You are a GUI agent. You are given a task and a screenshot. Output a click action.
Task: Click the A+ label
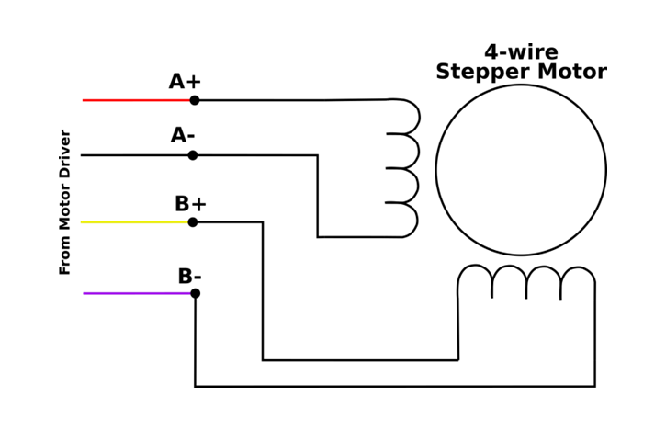[x=185, y=82]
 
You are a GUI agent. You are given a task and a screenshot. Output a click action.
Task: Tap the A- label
[x=183, y=136]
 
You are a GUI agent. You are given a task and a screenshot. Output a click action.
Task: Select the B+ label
[x=190, y=204]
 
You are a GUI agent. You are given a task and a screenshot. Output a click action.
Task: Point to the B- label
[x=189, y=276]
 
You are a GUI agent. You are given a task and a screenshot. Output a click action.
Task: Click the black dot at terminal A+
[x=194, y=100]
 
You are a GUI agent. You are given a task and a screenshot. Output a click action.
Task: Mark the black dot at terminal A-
[x=193, y=155]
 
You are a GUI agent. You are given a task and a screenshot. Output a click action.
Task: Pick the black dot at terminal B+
[x=193, y=222]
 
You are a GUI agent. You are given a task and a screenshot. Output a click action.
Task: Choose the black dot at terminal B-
[x=195, y=293]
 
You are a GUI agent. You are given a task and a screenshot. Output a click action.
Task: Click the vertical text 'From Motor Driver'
[x=65, y=202]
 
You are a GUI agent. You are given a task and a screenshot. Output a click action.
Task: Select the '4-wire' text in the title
[x=521, y=51]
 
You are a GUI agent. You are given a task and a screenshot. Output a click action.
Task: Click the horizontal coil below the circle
[x=526, y=280]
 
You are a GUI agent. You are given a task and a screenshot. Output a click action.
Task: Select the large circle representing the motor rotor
[x=521, y=170]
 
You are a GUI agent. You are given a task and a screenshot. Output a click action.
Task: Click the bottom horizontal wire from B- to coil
[x=395, y=386]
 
